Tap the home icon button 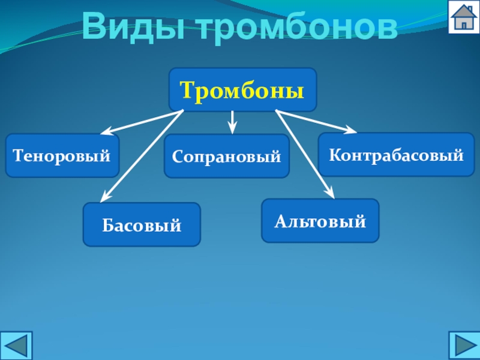click(464, 17)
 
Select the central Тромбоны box click(242, 90)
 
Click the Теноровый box click(62, 156)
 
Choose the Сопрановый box click(226, 157)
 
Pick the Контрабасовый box click(396, 155)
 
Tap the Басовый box click(142, 225)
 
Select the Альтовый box click(320, 221)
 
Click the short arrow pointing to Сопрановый click(232, 121)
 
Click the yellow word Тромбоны click(242, 90)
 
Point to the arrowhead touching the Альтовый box click(329, 192)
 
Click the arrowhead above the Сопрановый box click(232, 127)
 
